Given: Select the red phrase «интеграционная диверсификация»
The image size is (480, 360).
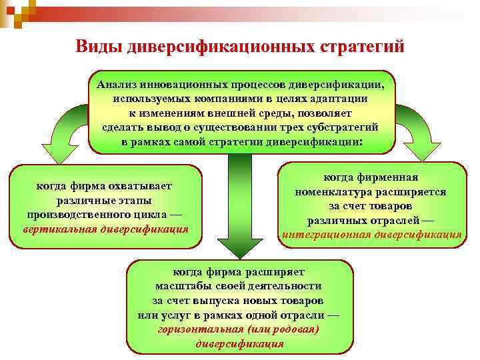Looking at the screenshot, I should coord(371,234).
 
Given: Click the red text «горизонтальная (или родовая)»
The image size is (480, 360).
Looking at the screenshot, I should coord(239,330).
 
